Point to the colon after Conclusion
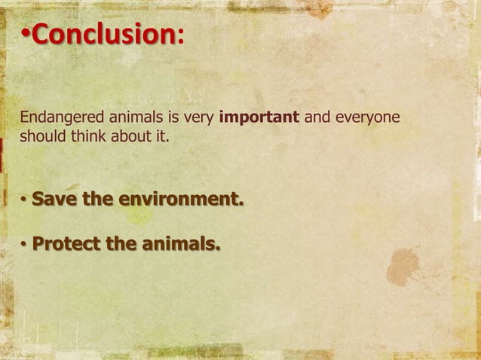[179, 35]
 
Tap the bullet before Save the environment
[24, 201]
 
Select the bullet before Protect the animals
[24, 246]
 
